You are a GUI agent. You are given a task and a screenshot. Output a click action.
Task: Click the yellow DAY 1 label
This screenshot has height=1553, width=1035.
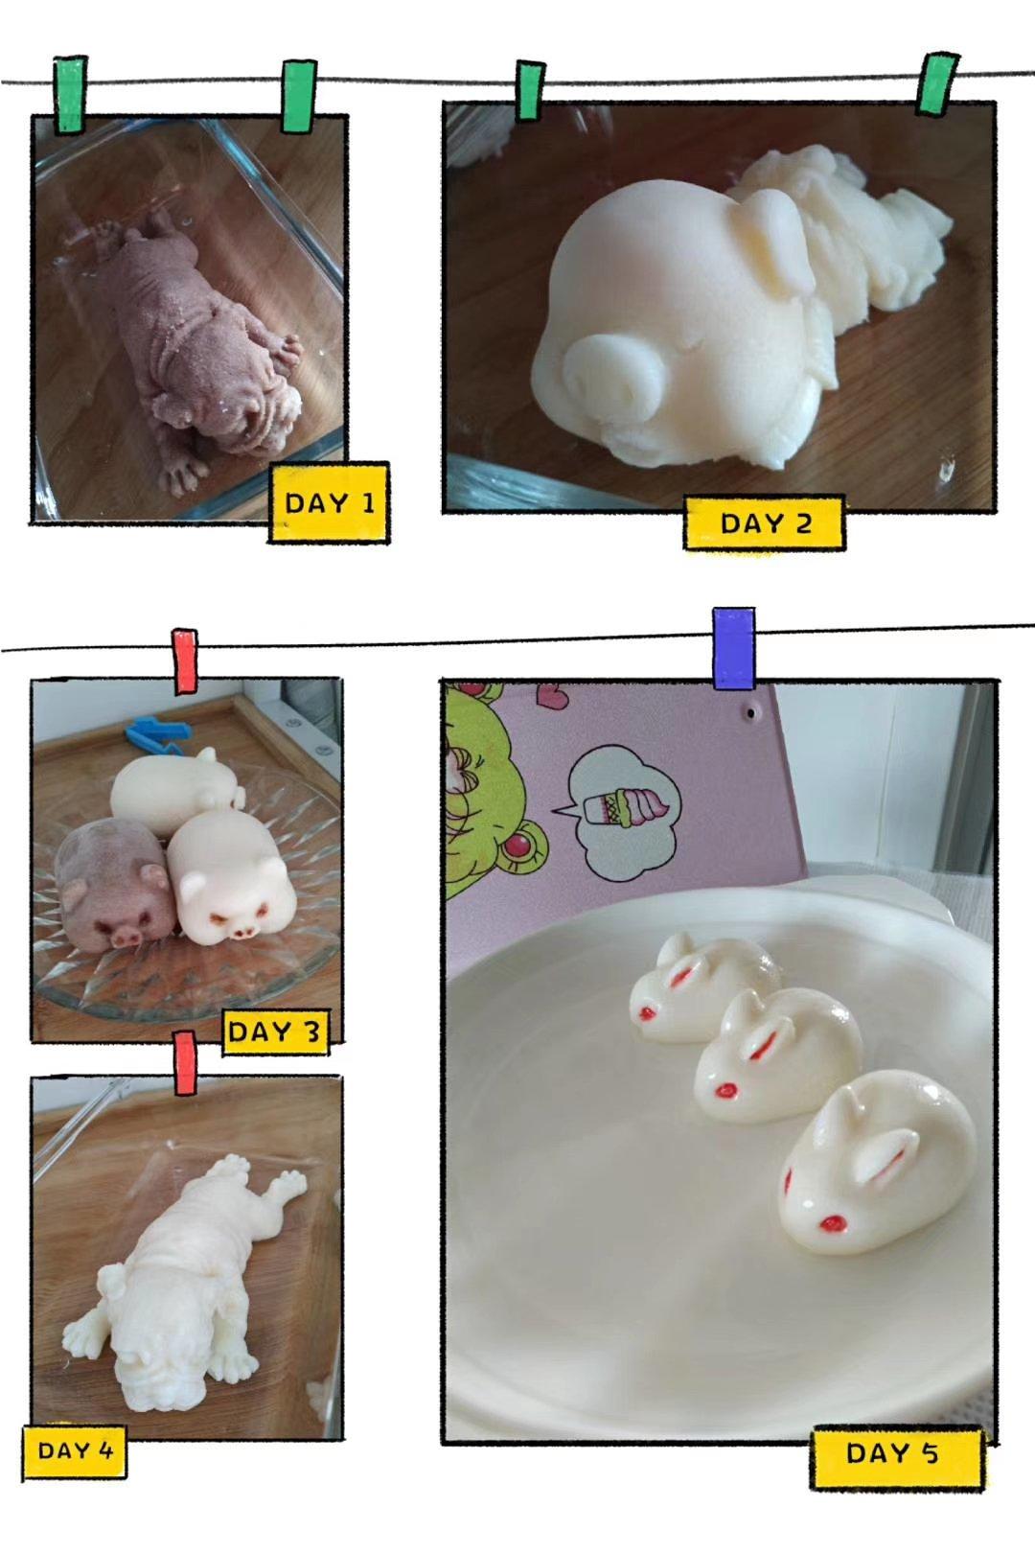coord(329,502)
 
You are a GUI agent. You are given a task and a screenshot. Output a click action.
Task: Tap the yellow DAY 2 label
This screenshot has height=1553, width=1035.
coord(764,522)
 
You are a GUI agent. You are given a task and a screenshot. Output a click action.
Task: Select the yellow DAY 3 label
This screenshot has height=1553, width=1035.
coord(275,1032)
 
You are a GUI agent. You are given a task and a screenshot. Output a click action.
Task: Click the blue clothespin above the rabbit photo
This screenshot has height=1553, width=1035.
coord(733,648)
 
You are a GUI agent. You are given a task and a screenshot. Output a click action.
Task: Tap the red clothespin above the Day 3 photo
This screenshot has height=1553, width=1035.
coord(184,661)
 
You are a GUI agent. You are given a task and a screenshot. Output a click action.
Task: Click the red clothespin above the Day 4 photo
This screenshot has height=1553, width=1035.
coord(184,1062)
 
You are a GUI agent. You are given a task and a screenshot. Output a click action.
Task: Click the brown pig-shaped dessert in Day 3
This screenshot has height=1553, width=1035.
coord(111,882)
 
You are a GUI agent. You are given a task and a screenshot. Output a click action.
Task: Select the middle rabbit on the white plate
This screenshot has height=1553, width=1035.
coord(778,1055)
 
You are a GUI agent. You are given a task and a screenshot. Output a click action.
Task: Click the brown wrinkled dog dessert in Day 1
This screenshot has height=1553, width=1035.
coord(201,339)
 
